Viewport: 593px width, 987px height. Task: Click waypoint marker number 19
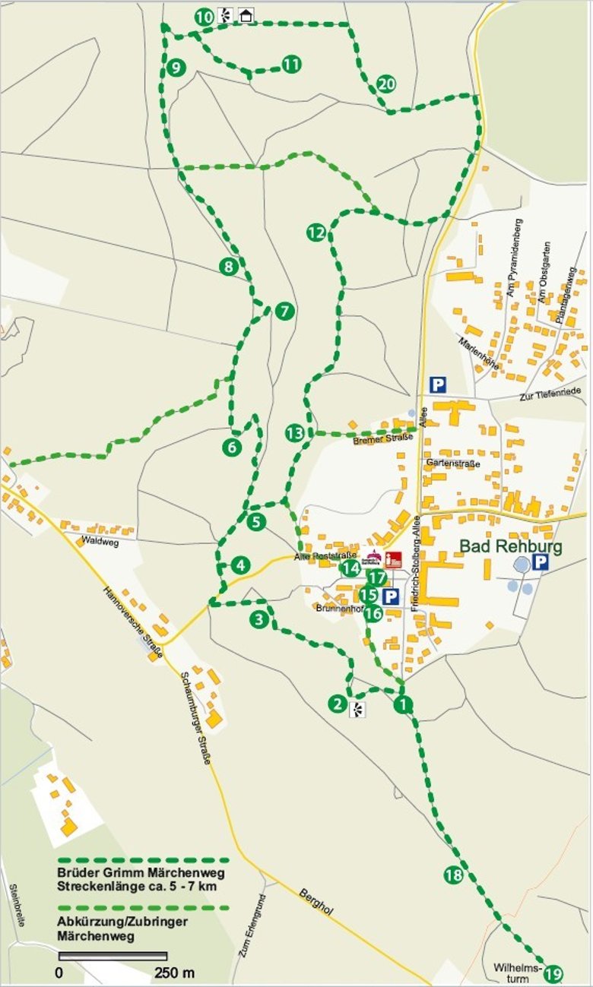click(x=553, y=973)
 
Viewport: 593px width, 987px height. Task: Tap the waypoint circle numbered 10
click(x=204, y=17)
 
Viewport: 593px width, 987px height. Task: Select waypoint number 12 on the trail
click(x=316, y=233)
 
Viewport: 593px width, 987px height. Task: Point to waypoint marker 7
click(x=284, y=311)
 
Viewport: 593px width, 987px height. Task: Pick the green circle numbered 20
click(x=386, y=84)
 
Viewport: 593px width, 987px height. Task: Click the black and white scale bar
click(x=113, y=955)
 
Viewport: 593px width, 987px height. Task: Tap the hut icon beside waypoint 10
click(x=246, y=15)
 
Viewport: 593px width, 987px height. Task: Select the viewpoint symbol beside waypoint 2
click(x=357, y=710)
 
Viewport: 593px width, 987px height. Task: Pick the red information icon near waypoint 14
click(x=392, y=561)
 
